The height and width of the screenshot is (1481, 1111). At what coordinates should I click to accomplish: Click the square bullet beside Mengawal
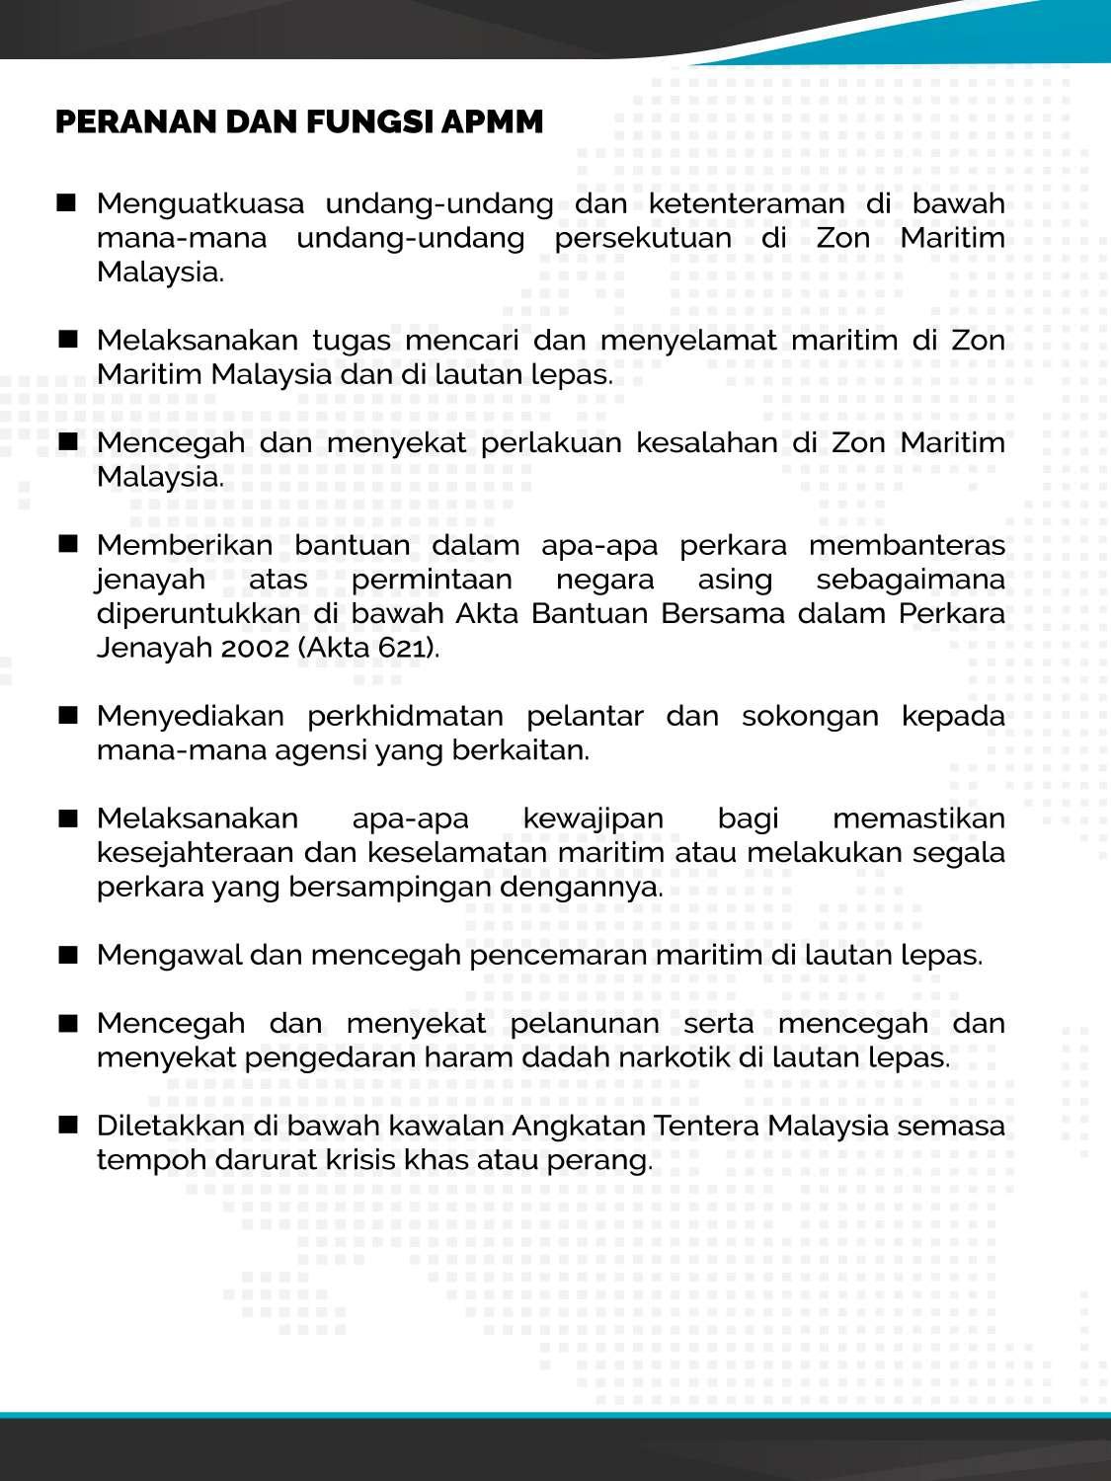pos(67,955)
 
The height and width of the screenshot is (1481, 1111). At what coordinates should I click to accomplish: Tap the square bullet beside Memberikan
pos(67,544)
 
